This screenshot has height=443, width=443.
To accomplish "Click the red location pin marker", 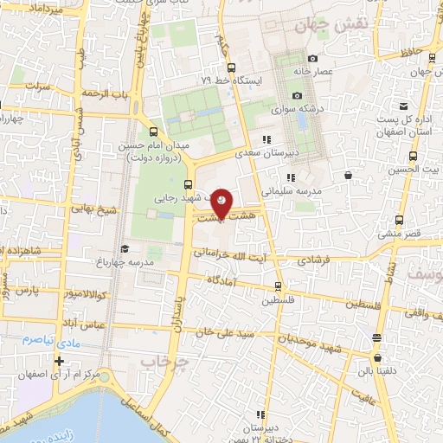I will tap(222, 202).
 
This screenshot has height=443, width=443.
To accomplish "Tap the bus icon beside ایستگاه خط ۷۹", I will tap(230, 67).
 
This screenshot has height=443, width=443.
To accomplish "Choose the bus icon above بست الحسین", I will tap(412, 157).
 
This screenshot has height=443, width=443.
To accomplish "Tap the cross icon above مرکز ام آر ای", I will tap(59, 361).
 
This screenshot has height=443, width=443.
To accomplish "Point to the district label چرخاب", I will tap(164, 360).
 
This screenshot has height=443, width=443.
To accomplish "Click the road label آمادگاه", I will tap(225, 280).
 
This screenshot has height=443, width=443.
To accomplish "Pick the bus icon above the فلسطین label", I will tap(278, 286).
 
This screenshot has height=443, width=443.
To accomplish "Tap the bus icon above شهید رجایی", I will tap(189, 183).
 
